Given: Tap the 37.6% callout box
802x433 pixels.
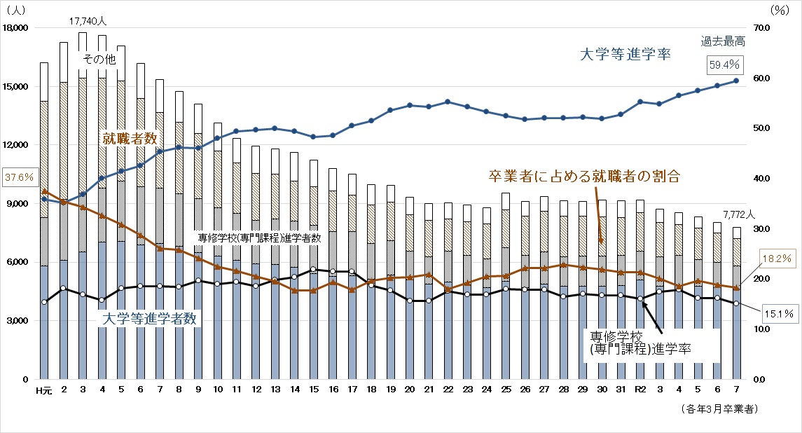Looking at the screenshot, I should pyautogui.click(x=18, y=177).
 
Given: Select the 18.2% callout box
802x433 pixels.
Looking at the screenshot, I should pyautogui.click(x=777, y=259).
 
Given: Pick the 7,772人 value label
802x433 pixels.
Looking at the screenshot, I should pyautogui.click(x=738, y=214).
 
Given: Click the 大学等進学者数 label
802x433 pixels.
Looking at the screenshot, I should pyautogui.click(x=148, y=319).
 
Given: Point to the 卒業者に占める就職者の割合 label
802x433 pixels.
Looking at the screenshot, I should pyautogui.click(x=583, y=175).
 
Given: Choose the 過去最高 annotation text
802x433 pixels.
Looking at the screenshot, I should pyautogui.click(x=722, y=41).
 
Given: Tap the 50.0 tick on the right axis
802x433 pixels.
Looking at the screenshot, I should pyautogui.click(x=761, y=128).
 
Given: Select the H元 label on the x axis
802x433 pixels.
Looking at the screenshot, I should pyautogui.click(x=43, y=390).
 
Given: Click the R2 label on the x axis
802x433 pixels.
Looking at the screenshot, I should pyautogui.click(x=639, y=390).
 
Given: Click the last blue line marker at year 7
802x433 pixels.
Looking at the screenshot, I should pyautogui.click(x=736, y=81).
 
